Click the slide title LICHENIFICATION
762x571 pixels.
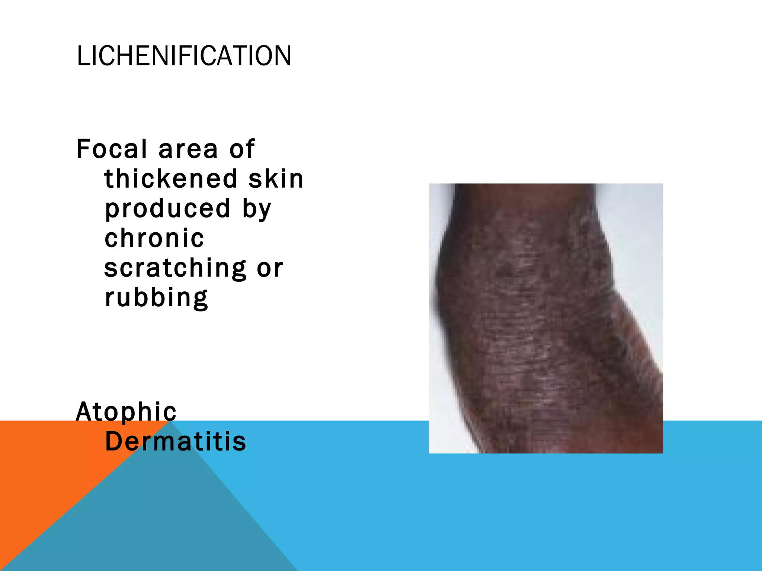pos(184,56)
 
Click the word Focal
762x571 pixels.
pos(111,149)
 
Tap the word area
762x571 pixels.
pos(188,149)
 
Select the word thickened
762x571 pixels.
pos(171,178)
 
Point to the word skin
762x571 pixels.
pos(276,178)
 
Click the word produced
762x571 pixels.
pos(167,209)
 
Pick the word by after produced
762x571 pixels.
pos(257,209)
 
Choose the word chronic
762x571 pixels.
pos(154,238)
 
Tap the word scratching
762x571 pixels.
pos(175,268)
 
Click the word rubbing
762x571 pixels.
pos(156,298)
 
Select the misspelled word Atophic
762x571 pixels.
pos(126,412)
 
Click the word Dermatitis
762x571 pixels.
pos(176,442)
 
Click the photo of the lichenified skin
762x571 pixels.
pos(545,318)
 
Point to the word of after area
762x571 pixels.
pos(242,149)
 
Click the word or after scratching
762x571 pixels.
pos(270,268)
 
